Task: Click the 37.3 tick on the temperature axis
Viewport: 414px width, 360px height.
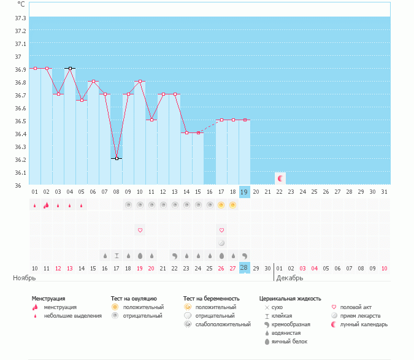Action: click(x=20, y=18)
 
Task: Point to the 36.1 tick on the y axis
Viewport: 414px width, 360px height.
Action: click(x=20, y=172)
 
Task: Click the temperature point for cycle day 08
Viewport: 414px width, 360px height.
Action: click(x=117, y=158)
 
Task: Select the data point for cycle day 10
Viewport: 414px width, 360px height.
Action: click(x=140, y=81)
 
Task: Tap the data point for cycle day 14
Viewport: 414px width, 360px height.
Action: click(x=186, y=132)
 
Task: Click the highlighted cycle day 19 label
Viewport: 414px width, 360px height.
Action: click(x=244, y=192)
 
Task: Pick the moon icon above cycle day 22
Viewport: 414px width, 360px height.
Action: click(x=280, y=178)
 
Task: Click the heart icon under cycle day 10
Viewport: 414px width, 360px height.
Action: click(x=140, y=230)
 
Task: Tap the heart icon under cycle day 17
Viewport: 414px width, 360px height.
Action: click(x=221, y=230)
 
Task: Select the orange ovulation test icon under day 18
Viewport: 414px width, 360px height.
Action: click(x=233, y=205)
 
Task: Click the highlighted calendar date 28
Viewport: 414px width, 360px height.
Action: click(x=244, y=268)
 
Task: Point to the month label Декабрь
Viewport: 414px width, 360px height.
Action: click(x=288, y=278)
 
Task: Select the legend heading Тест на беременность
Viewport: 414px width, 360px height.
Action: click(x=211, y=299)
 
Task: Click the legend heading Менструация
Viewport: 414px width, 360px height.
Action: click(x=48, y=299)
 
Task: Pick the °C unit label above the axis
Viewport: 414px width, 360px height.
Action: click(x=21, y=4)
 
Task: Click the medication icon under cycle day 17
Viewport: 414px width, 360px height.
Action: click(x=221, y=243)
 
